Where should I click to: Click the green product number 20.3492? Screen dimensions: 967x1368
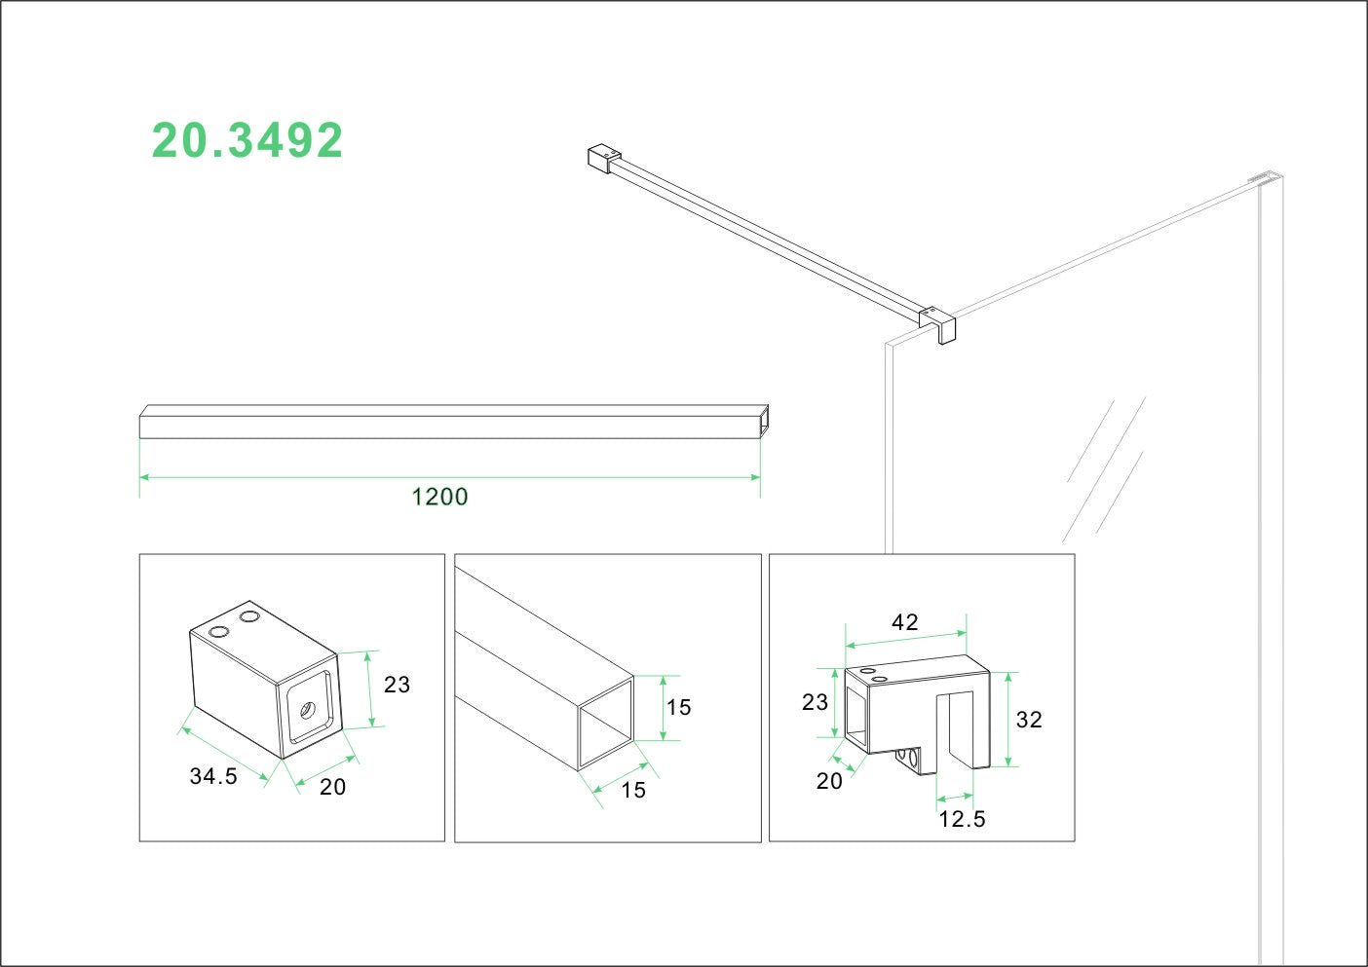pyautogui.click(x=247, y=141)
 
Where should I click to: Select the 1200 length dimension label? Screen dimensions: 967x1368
pyautogui.click(x=439, y=497)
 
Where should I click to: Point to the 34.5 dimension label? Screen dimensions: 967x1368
pyautogui.click(x=213, y=776)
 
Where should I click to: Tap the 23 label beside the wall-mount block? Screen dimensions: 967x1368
pyautogui.click(x=397, y=685)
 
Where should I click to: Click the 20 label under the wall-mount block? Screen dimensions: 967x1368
pyautogui.click(x=332, y=787)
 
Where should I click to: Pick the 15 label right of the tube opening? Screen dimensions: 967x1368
pyautogui.click(x=678, y=707)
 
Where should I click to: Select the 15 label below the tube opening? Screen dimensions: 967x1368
pyautogui.click(x=633, y=790)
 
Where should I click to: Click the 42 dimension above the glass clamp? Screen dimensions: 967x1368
pyautogui.click(x=905, y=622)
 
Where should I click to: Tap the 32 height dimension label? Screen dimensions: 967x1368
pyautogui.click(x=1029, y=720)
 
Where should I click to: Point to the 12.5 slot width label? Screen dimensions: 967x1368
pyautogui.click(x=962, y=819)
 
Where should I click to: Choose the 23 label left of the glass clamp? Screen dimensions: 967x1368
pyautogui.click(x=815, y=702)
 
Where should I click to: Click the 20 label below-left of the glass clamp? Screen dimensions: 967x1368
pyautogui.click(x=829, y=781)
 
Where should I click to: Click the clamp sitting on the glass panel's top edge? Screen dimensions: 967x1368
pyautogui.click(x=938, y=322)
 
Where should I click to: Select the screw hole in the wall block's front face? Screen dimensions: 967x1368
pyautogui.click(x=308, y=709)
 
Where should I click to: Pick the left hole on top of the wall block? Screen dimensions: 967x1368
pyautogui.click(x=219, y=632)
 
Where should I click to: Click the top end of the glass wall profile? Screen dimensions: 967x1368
pyautogui.click(x=1266, y=179)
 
